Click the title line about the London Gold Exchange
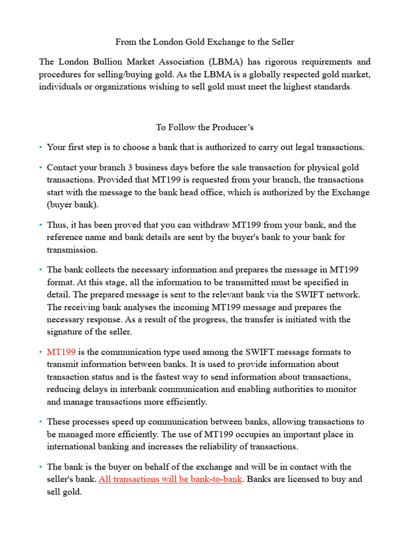[205, 41]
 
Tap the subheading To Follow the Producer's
[204, 127]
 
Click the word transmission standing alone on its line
[72, 250]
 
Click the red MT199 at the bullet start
[61, 352]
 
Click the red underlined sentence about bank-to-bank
[170, 479]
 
